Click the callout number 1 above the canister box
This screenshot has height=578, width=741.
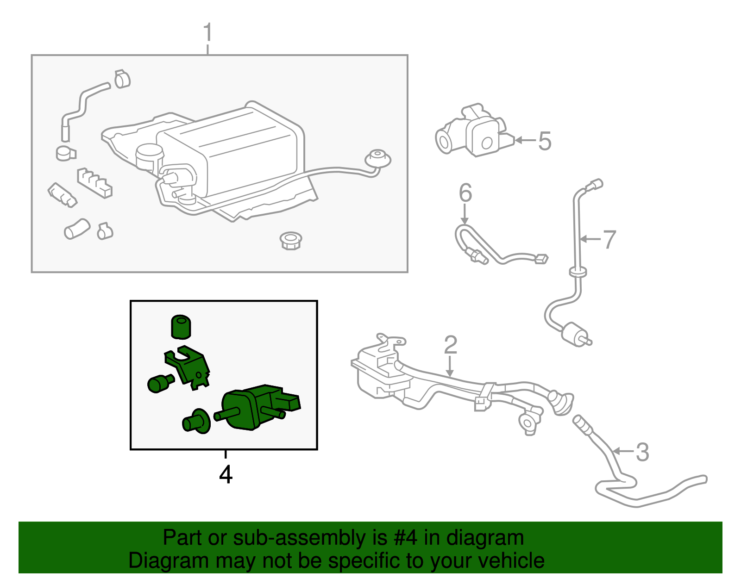208,33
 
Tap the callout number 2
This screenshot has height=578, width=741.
450,345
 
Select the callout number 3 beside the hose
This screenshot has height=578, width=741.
642,452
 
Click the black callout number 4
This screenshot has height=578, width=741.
226,474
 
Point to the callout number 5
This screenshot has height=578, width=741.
545,141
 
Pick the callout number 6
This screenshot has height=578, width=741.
465,193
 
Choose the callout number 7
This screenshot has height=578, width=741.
609,240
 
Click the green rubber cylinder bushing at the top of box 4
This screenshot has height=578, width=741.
181,326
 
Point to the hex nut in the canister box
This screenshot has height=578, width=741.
291,241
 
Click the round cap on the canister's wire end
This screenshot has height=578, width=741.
378,159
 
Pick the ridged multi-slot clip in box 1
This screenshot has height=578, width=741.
94,182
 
